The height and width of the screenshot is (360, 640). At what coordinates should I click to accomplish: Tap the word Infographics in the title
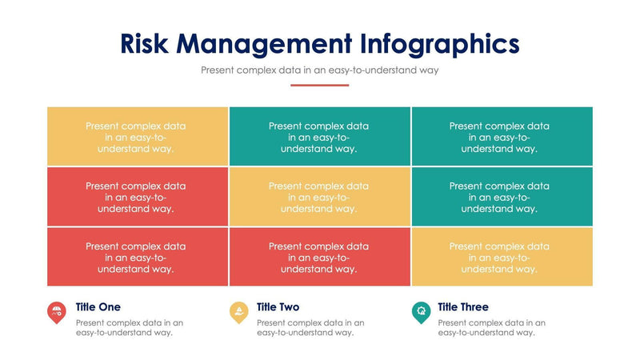click(x=440, y=43)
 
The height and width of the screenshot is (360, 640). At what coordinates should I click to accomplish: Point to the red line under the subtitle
click(x=320, y=85)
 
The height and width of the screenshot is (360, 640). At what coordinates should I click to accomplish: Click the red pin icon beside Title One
click(x=57, y=312)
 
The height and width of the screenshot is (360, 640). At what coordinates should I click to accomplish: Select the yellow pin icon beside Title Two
click(x=238, y=312)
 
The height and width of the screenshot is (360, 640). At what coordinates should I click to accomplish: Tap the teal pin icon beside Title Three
click(x=420, y=312)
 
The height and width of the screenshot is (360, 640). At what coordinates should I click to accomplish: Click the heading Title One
click(x=98, y=307)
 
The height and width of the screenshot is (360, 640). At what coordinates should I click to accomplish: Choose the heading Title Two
click(x=278, y=307)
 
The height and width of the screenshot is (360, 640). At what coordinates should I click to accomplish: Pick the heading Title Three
click(x=462, y=307)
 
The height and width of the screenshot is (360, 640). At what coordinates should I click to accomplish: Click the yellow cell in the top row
click(x=138, y=136)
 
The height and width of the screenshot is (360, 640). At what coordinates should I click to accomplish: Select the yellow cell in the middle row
click(x=320, y=197)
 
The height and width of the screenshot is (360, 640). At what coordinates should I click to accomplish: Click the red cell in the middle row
click(x=138, y=197)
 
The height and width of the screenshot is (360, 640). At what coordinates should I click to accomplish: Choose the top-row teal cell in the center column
click(x=320, y=136)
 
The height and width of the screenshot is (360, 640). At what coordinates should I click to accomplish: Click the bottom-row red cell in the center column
click(x=320, y=257)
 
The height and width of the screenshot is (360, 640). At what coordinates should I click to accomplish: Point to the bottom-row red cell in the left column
click(x=138, y=257)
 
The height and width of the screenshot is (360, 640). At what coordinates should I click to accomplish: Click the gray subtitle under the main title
click(x=320, y=70)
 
